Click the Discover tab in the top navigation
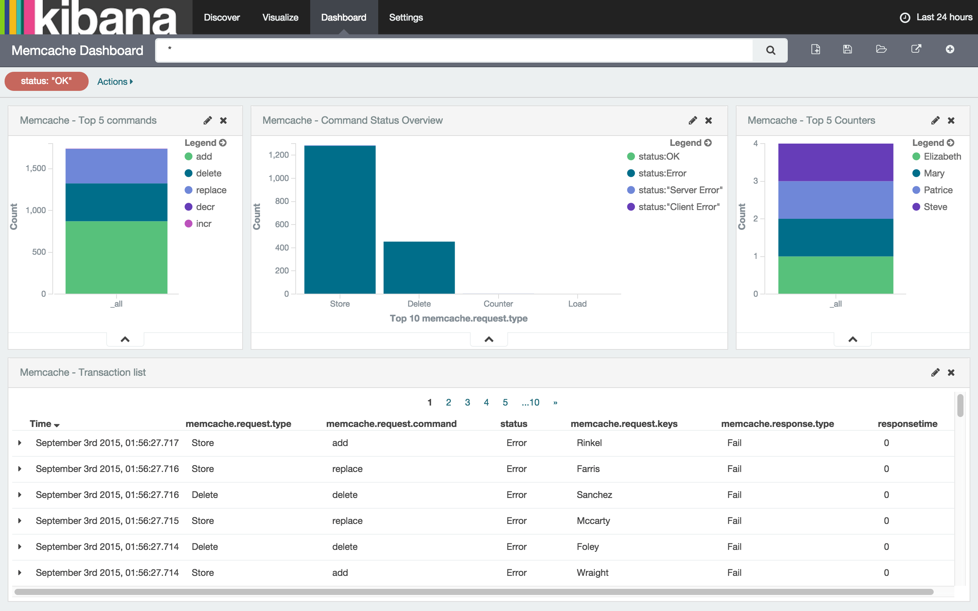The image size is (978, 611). coord(222,18)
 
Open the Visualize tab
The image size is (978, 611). coord(280,18)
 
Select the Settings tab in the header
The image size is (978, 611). coord(406,18)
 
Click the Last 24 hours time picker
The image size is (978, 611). coord(936,18)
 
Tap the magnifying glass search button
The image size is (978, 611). coord(770,50)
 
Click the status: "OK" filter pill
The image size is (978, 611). coord(46,81)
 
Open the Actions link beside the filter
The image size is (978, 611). coord(115,82)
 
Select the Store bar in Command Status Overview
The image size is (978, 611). coord(340,220)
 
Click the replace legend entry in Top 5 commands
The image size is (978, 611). coord(210,190)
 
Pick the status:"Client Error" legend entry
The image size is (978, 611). coord(678,207)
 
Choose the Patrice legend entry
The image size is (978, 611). coord(938,190)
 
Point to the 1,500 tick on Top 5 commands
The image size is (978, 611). coord(36,168)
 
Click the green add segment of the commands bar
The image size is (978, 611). coord(117,257)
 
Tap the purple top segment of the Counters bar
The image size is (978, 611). coord(836,162)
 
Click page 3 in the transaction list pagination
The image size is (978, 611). coord(467,402)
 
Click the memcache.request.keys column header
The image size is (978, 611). coord(623,423)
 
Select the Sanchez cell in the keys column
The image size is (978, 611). coord(594,495)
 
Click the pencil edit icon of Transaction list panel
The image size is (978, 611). coord(935,372)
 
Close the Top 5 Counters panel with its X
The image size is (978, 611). coord(951,120)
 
